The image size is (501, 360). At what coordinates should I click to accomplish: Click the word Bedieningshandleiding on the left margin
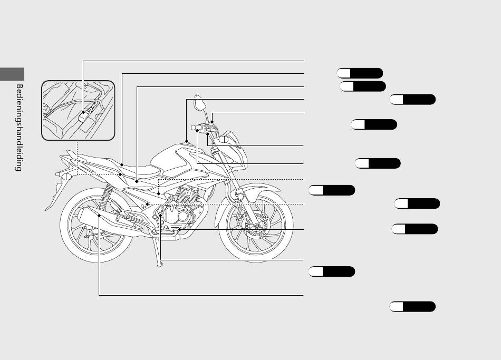[x=19, y=128]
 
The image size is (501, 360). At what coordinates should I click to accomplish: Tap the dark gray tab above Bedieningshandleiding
[x=12, y=74]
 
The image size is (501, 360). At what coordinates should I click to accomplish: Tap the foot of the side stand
[x=159, y=265]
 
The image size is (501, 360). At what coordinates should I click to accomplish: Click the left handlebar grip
[x=196, y=128]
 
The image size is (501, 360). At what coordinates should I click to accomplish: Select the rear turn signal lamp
[x=66, y=177]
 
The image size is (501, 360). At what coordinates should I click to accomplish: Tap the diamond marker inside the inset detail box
[x=83, y=112]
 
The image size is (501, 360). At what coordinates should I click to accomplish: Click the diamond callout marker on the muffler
[x=99, y=215]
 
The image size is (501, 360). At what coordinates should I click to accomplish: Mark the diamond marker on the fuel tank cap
[x=187, y=141]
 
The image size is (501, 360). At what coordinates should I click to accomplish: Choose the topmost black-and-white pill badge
[x=360, y=73]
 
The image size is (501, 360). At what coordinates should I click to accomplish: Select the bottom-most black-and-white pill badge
[x=412, y=307]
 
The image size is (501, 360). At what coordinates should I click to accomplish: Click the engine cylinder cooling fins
[x=187, y=194]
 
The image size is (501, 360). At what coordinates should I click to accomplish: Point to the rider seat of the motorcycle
[x=141, y=170]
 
